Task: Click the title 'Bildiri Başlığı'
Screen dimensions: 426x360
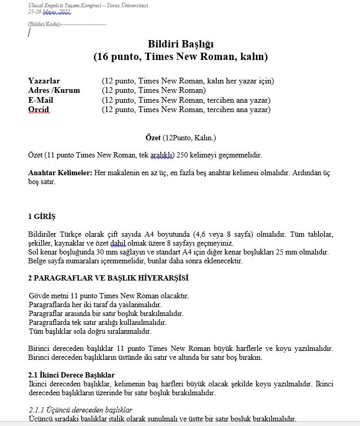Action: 180,44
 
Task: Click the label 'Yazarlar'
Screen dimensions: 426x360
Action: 44,81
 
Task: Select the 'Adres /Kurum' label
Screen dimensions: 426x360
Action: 54,90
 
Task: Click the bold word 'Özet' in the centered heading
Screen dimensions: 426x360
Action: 153,138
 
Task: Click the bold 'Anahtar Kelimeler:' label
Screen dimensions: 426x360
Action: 60,173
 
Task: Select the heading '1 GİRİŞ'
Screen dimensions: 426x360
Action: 42,216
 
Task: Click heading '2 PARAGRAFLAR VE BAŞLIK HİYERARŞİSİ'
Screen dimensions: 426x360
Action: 108,277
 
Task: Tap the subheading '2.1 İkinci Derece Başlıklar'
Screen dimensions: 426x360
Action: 71,375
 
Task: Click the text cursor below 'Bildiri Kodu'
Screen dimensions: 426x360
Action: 29,33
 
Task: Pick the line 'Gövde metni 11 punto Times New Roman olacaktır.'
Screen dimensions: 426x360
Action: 109,296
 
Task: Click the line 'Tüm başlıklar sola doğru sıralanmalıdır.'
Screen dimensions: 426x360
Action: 90,331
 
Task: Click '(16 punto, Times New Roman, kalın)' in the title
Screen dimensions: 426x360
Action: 180,56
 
